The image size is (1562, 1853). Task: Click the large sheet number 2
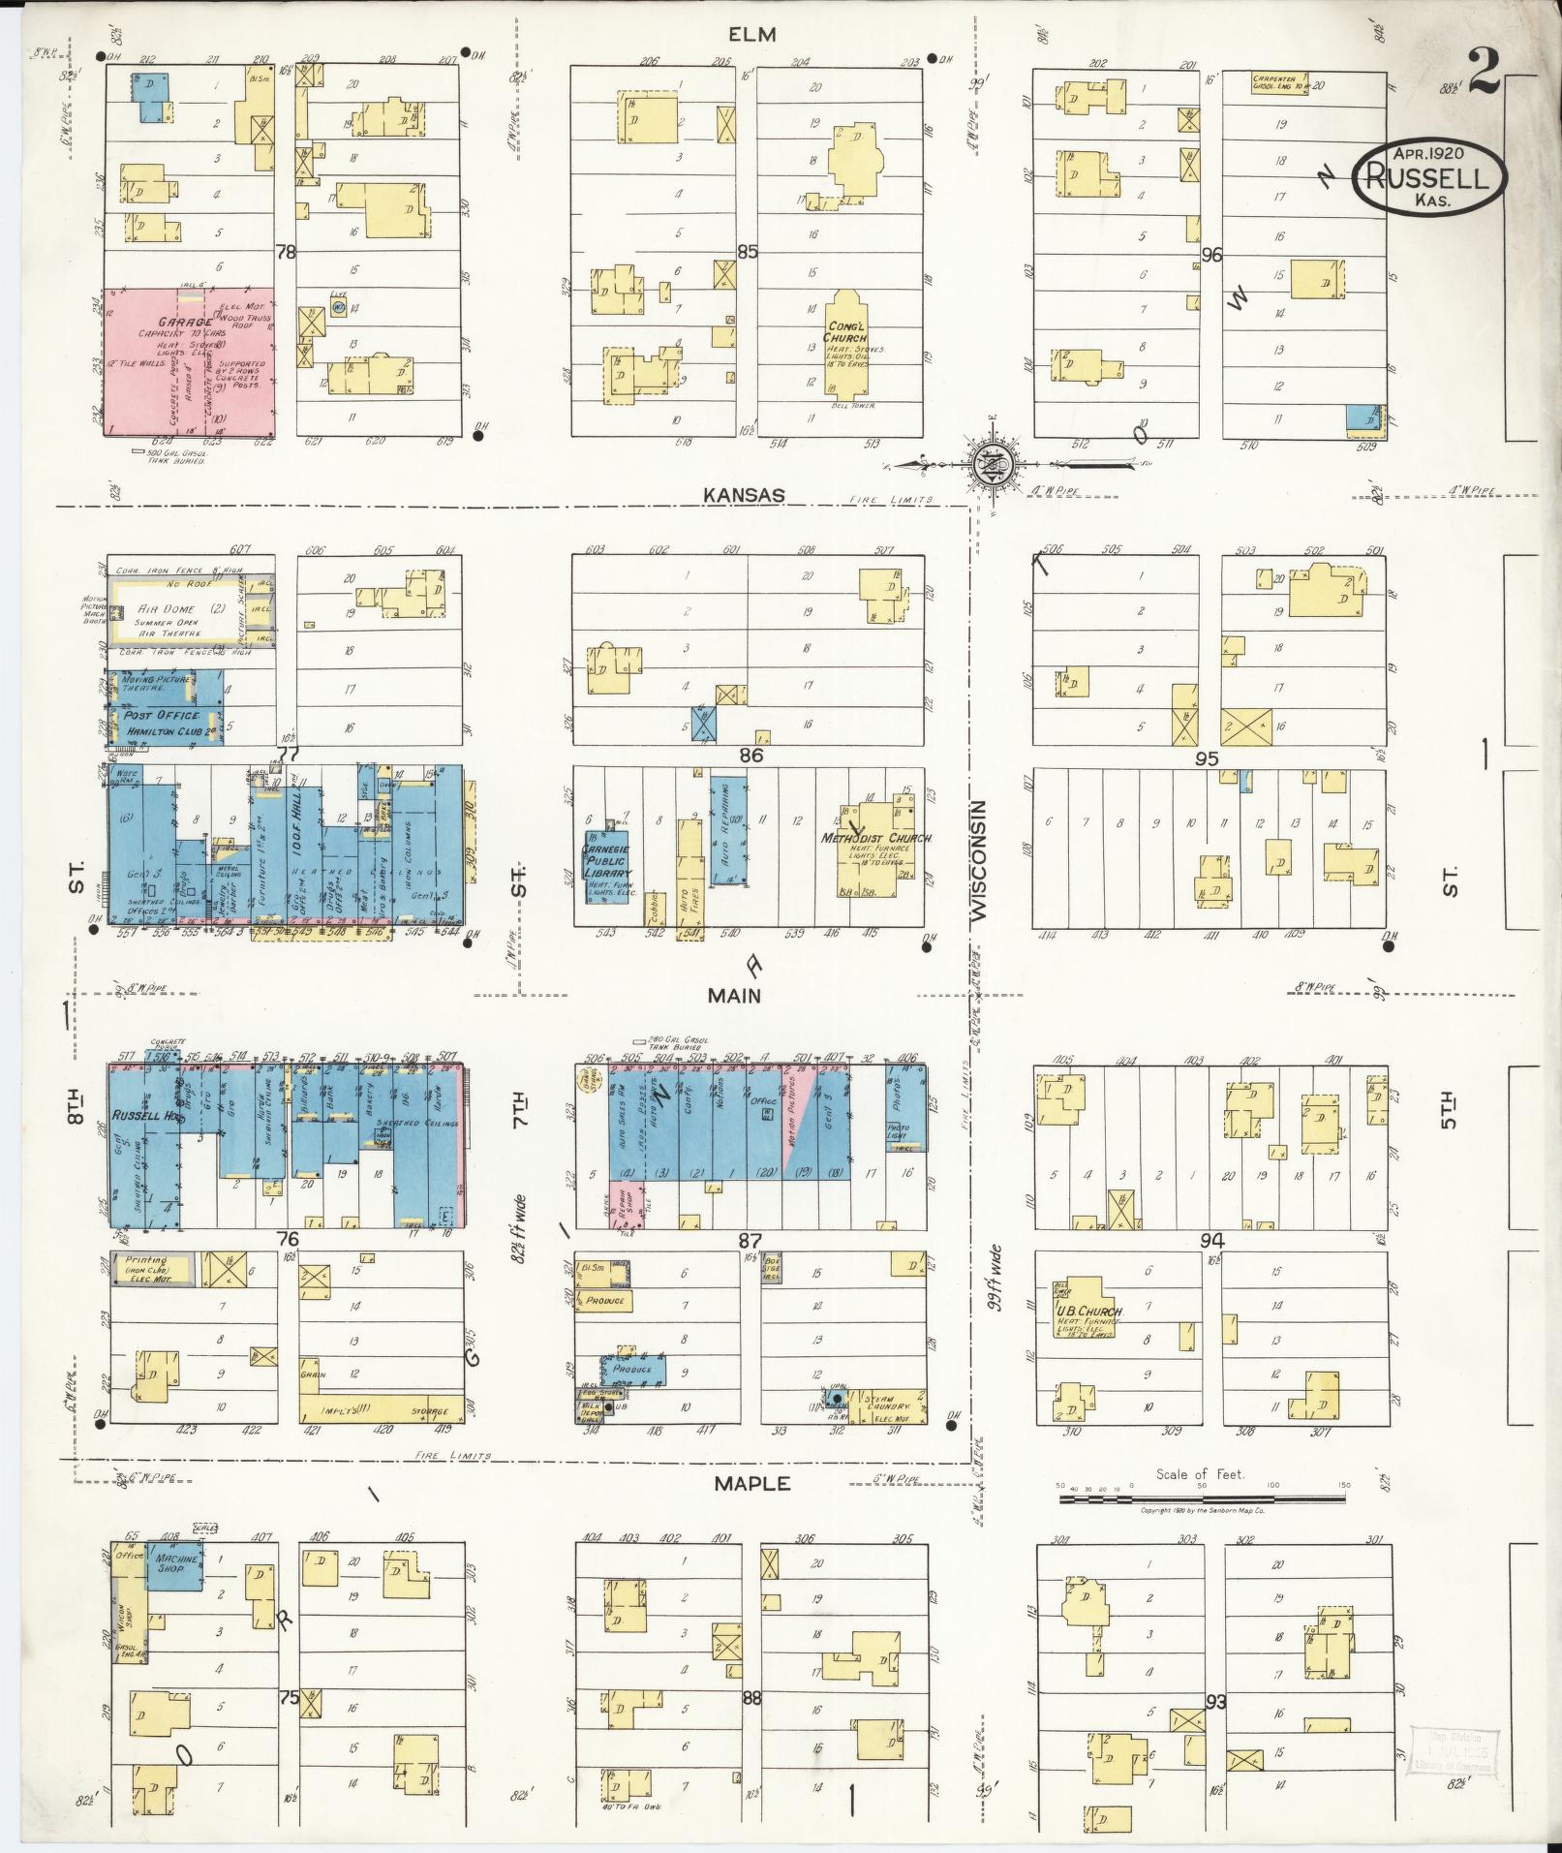point(1485,71)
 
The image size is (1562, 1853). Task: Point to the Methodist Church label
point(876,838)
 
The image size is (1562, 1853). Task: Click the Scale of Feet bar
point(1201,1499)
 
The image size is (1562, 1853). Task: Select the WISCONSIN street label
point(979,859)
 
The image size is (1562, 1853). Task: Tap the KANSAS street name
point(744,495)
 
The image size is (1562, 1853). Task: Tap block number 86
point(750,755)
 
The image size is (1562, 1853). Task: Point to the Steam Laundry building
point(886,1405)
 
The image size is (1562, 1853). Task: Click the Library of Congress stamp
point(1454,1751)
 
